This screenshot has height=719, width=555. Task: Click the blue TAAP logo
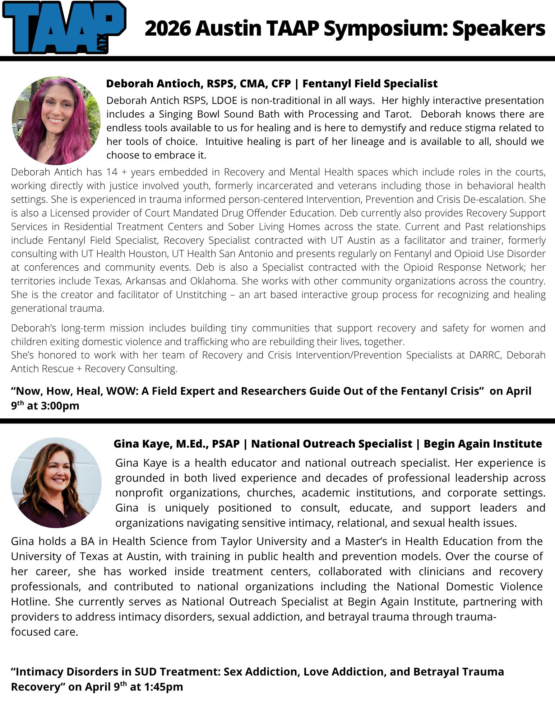tap(64, 27)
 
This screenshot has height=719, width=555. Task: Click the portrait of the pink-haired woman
tap(56, 120)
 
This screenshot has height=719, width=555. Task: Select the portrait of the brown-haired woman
tap(56, 482)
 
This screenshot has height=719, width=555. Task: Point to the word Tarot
tap(397, 114)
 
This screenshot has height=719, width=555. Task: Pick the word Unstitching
tap(201, 295)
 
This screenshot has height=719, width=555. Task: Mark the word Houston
tap(149, 254)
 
